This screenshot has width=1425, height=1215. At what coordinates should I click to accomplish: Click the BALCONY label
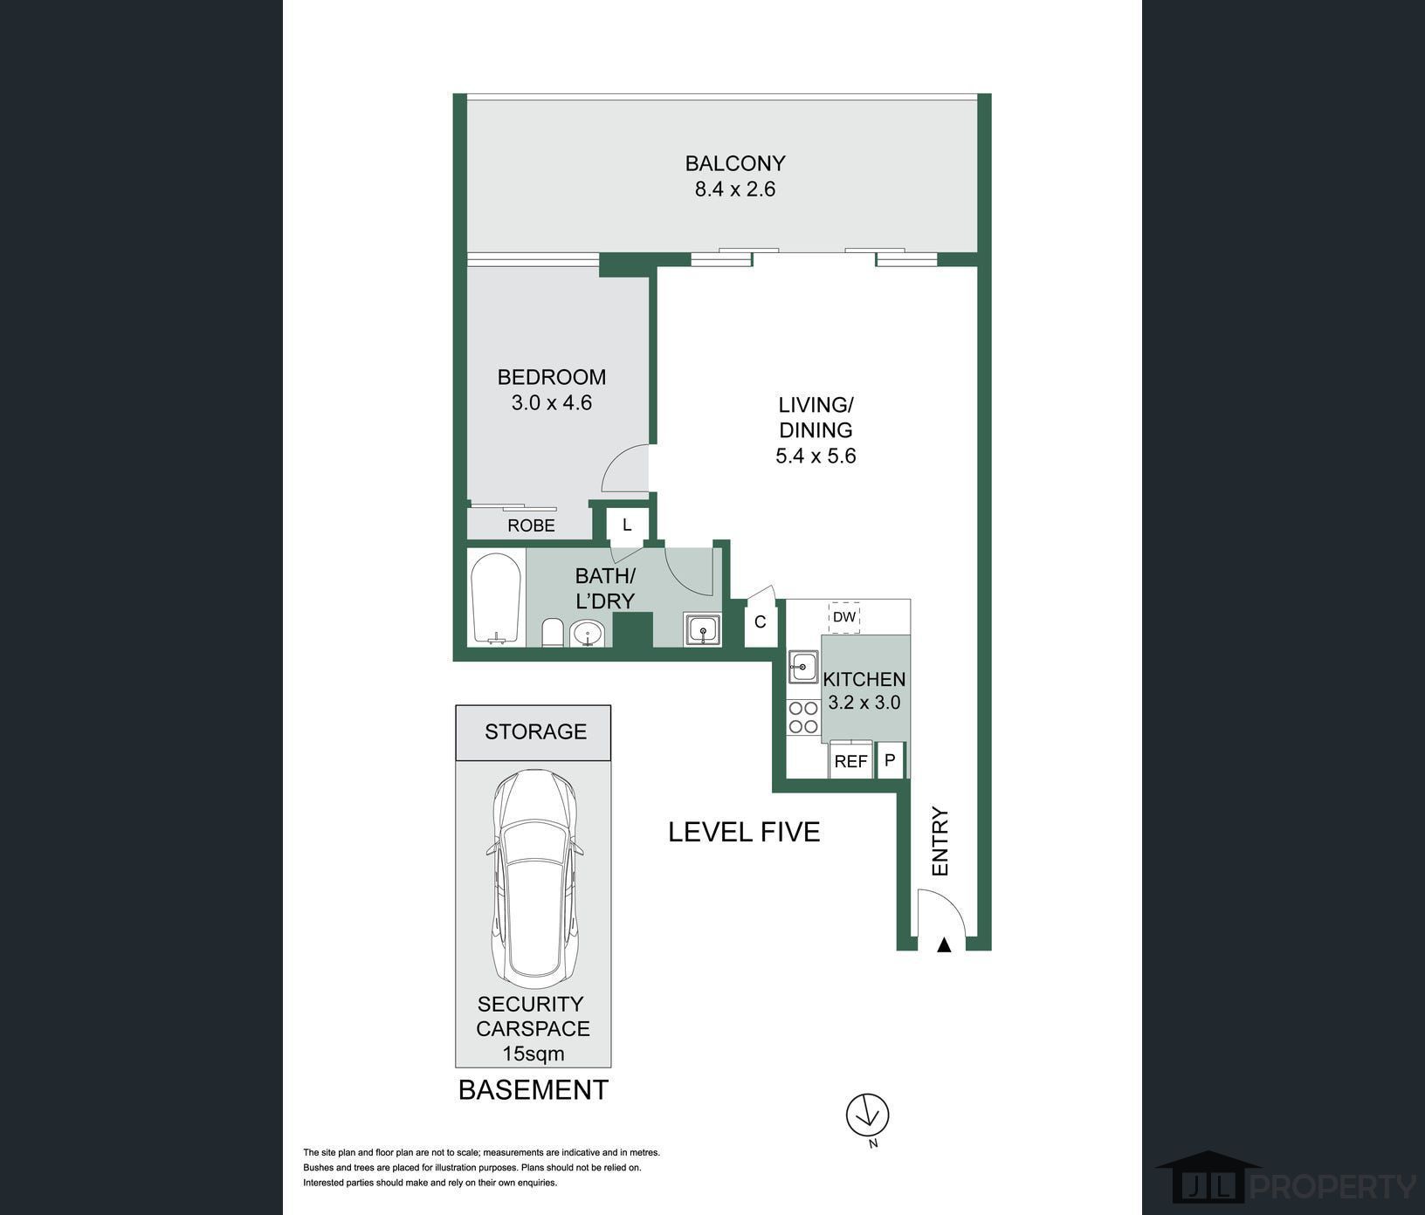pos(735,163)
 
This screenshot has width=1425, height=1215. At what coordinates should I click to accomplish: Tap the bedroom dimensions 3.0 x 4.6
pos(552,403)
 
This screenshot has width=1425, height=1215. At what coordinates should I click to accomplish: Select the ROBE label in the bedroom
pos(531,525)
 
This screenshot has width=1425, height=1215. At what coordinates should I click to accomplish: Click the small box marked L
pos(626,525)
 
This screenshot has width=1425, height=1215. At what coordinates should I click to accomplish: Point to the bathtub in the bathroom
pos(497,599)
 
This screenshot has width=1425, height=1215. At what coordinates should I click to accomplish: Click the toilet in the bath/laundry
pos(552,632)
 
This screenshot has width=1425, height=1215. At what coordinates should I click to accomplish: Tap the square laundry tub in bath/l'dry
pos(701,628)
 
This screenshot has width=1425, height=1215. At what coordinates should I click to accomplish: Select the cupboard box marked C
pos(760,622)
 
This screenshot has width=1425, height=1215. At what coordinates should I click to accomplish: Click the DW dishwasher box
pos(844,617)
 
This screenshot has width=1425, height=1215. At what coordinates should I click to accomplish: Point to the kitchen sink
pos(802,668)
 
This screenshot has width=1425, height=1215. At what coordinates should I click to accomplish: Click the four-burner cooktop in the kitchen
pos(802,717)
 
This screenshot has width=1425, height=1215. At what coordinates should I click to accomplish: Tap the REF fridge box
pos(850,760)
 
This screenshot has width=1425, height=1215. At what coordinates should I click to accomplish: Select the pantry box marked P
pos(890,760)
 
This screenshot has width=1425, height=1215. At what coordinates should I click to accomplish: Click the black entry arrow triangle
pos(943,944)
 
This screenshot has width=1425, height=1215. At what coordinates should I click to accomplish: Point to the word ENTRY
pos(940,842)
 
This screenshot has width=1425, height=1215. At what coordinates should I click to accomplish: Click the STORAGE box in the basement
pos(534,732)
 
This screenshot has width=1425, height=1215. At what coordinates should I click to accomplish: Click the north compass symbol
pos(867,1115)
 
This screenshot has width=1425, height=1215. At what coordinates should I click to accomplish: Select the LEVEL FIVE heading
pos(744,832)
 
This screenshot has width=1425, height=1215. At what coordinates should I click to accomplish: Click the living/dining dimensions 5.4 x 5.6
pos(816,456)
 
